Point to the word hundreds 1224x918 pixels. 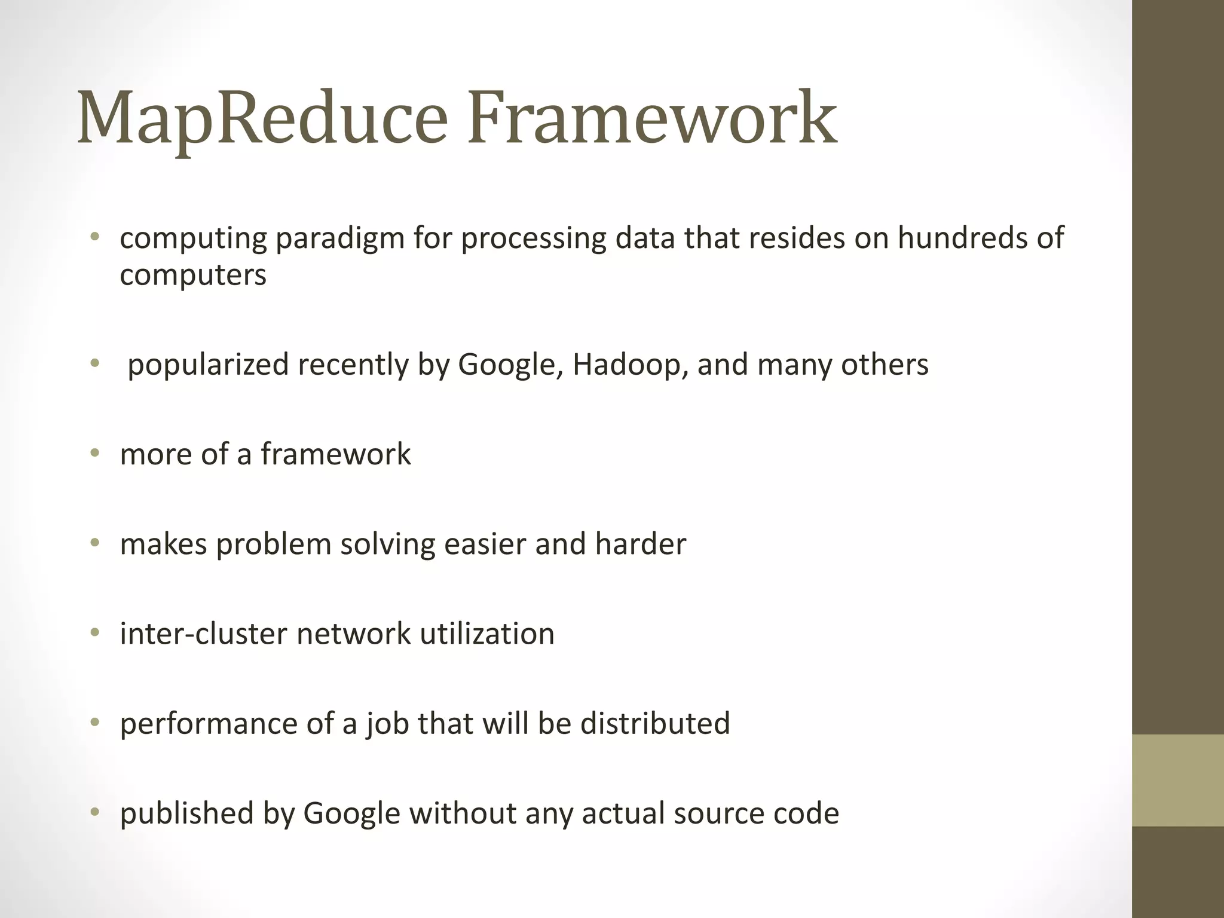[962, 238]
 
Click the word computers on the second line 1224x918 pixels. [192, 276]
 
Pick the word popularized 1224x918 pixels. [208, 365]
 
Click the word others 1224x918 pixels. [885, 365]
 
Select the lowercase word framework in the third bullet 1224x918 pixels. [335, 454]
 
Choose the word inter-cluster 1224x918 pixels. [203, 634]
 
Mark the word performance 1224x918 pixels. [208, 724]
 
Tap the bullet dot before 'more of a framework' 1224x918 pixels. [94, 454]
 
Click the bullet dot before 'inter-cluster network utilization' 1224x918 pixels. [94, 633]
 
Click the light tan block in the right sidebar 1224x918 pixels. [1178, 780]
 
